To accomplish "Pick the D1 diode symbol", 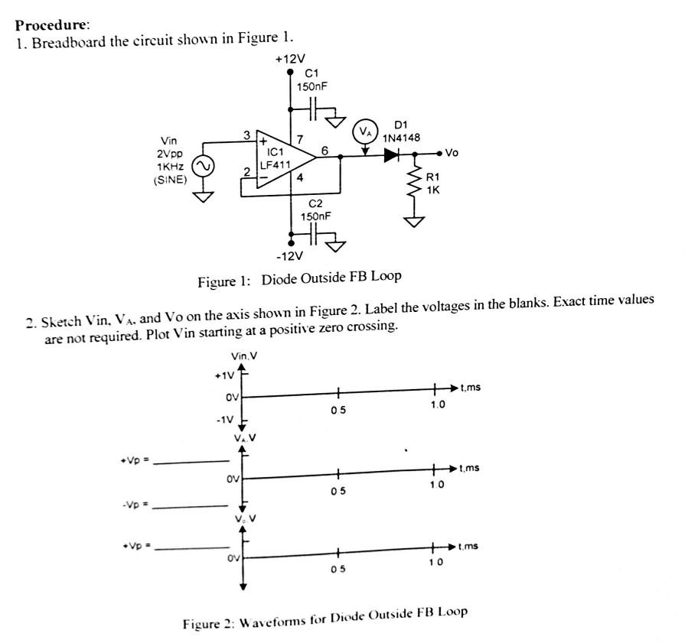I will tap(392, 155).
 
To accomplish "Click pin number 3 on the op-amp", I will tap(246, 135).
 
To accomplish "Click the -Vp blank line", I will tap(191, 506).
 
